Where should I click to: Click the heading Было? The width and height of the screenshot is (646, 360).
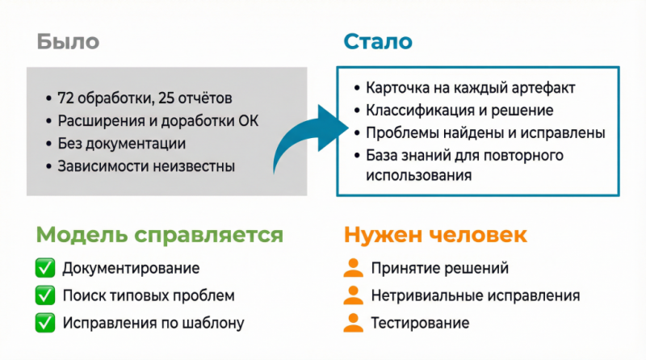pos(68,42)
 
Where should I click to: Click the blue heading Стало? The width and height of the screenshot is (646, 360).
pos(378,42)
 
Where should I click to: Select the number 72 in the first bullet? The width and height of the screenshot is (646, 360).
pos(65,98)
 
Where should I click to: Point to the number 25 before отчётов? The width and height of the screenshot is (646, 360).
pos(166,98)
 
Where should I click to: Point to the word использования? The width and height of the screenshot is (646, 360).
pos(418,175)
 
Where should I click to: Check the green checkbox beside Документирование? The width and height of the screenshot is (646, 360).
pos(45,268)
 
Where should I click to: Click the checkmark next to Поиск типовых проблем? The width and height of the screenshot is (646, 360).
pos(45,295)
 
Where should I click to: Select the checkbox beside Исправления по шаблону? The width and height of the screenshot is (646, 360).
pos(45,323)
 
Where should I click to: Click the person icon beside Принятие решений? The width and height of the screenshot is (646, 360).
pos(354,268)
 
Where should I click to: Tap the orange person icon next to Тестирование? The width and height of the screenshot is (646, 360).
pos(354,323)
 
